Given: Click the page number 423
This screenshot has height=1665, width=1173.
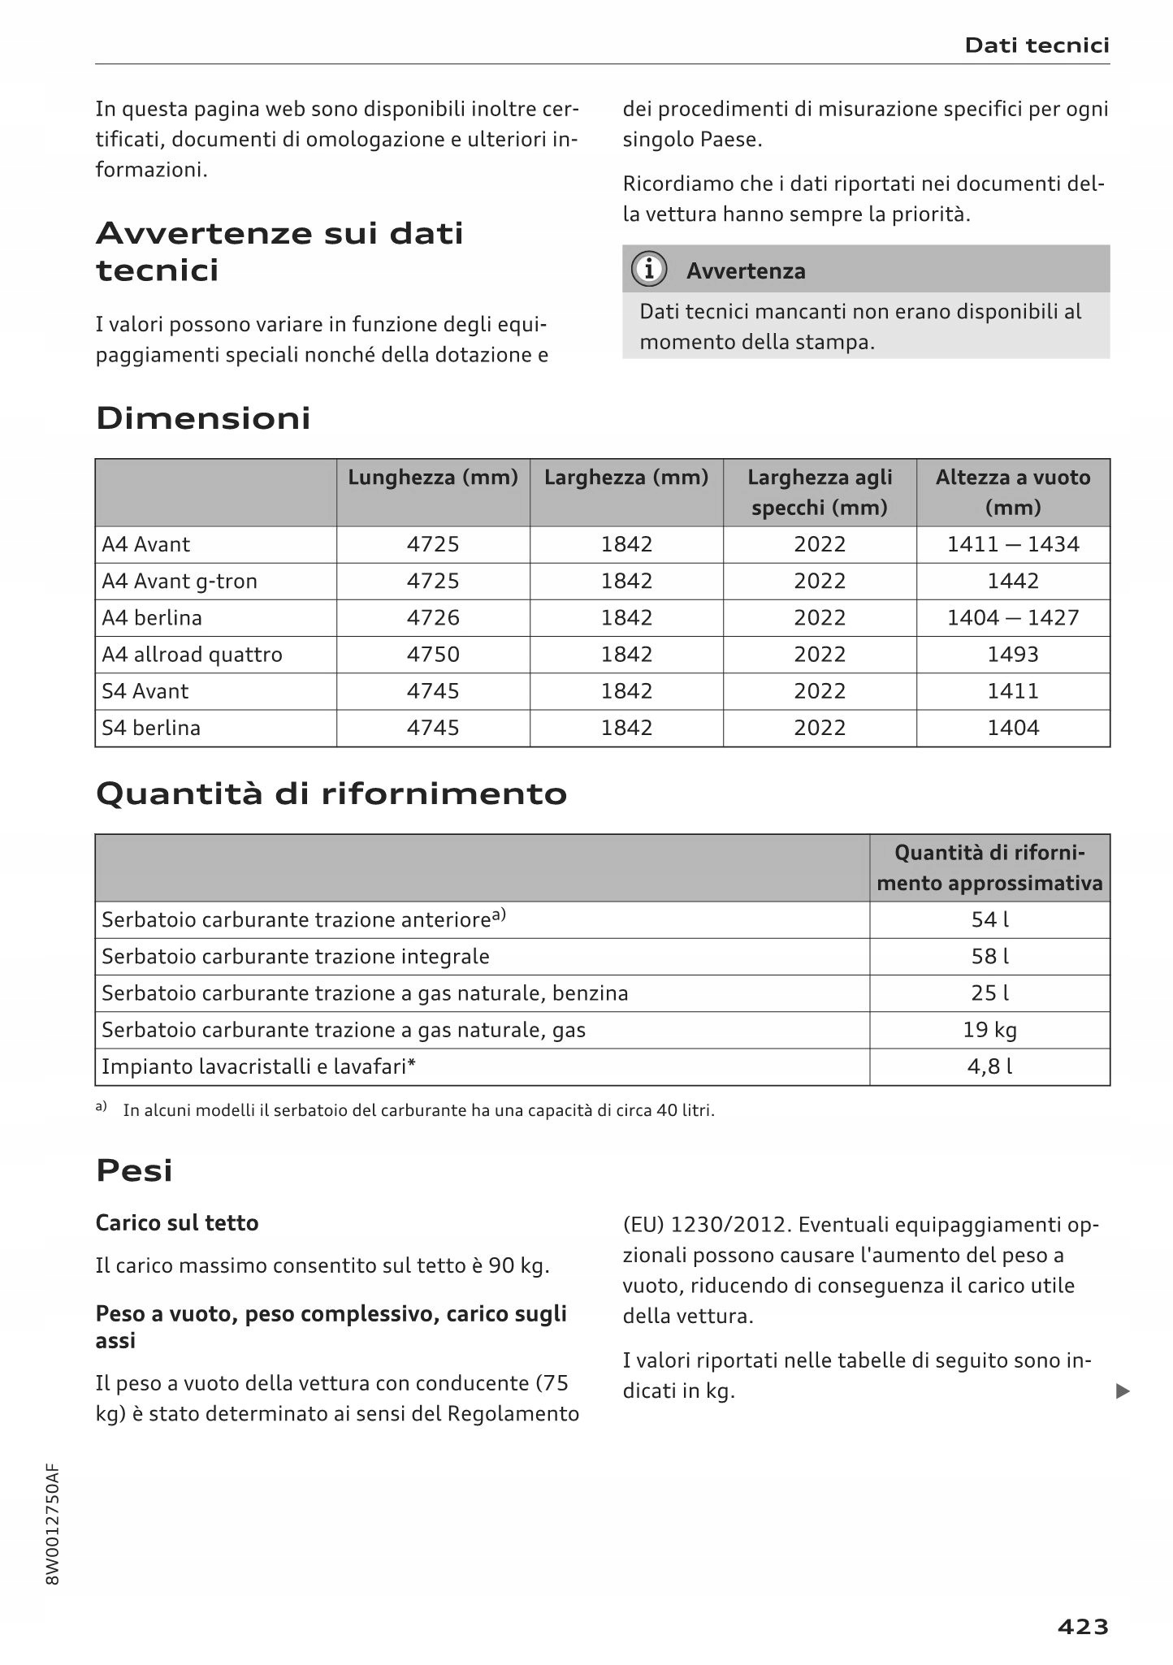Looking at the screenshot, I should pos(1083,1626).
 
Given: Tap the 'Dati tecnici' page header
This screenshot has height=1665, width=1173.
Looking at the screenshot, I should pos(1037,45).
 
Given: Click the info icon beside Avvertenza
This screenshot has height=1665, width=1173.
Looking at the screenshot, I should pos(649,270).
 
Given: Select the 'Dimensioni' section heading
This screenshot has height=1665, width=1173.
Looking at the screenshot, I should pos(203,418).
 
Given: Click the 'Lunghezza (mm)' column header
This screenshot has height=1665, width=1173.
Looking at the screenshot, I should pos(433,478).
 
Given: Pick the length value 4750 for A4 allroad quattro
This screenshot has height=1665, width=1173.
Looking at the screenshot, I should pos(433,655).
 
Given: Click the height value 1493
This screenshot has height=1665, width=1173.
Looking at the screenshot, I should pos(1013,655).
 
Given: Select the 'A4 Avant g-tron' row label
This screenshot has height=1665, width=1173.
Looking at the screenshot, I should pos(180,582).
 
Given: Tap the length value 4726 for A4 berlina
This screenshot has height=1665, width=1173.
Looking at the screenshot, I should pos(433,618).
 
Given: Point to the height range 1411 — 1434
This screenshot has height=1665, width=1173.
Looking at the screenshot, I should pos(1013,544).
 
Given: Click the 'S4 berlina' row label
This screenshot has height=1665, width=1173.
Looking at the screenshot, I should pos(151,728).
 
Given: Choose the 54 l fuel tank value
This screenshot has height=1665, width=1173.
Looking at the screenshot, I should pos(989,920).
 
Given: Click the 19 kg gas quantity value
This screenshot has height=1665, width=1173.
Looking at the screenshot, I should pos(989,1030).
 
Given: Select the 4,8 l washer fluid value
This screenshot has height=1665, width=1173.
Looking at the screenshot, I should pos(989,1066).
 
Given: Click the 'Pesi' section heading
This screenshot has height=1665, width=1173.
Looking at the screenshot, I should pos(135,1170).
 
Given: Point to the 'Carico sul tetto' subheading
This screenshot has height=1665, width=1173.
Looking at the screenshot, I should pos(177,1223).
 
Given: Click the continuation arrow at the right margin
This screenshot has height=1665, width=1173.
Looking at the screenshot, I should pos(1123,1391).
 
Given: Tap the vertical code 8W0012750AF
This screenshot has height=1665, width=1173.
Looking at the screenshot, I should pos(53,1524).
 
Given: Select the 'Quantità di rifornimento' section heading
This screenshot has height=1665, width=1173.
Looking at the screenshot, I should pos(331,794).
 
